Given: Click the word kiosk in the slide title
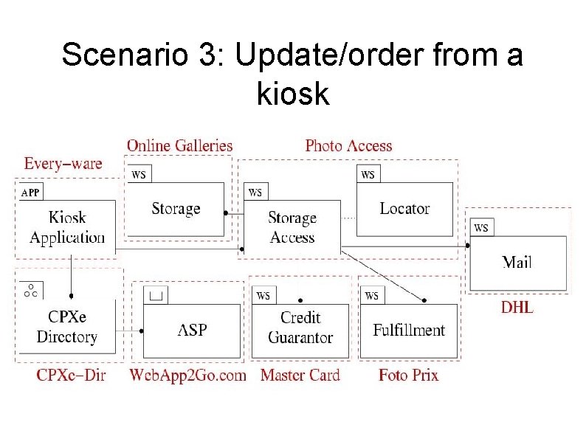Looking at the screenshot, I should click(x=293, y=94).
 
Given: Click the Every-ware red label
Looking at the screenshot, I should click(x=63, y=163).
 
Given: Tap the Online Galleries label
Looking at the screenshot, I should click(x=179, y=145).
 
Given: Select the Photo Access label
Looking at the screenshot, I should click(x=348, y=145).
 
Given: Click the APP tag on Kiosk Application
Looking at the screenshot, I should click(x=30, y=193).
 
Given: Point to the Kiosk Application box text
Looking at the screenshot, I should click(x=67, y=227).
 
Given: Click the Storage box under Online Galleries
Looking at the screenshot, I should click(x=176, y=209).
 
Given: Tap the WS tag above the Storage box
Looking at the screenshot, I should click(x=139, y=174).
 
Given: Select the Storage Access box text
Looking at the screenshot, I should click(x=292, y=227).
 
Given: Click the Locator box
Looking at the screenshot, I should click(x=404, y=209).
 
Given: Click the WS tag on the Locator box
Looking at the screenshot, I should click(x=368, y=174).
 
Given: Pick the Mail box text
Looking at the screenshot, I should click(x=517, y=261).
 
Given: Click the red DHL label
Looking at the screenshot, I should click(x=517, y=308).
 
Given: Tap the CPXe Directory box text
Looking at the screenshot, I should click(x=66, y=327).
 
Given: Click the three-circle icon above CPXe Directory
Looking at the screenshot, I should click(x=30, y=290).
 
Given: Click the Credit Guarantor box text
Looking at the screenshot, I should click(x=300, y=328).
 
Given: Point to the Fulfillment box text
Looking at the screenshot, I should click(x=409, y=329).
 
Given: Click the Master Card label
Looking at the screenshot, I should click(x=300, y=376).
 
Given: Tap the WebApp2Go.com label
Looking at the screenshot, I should click(x=187, y=376).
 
